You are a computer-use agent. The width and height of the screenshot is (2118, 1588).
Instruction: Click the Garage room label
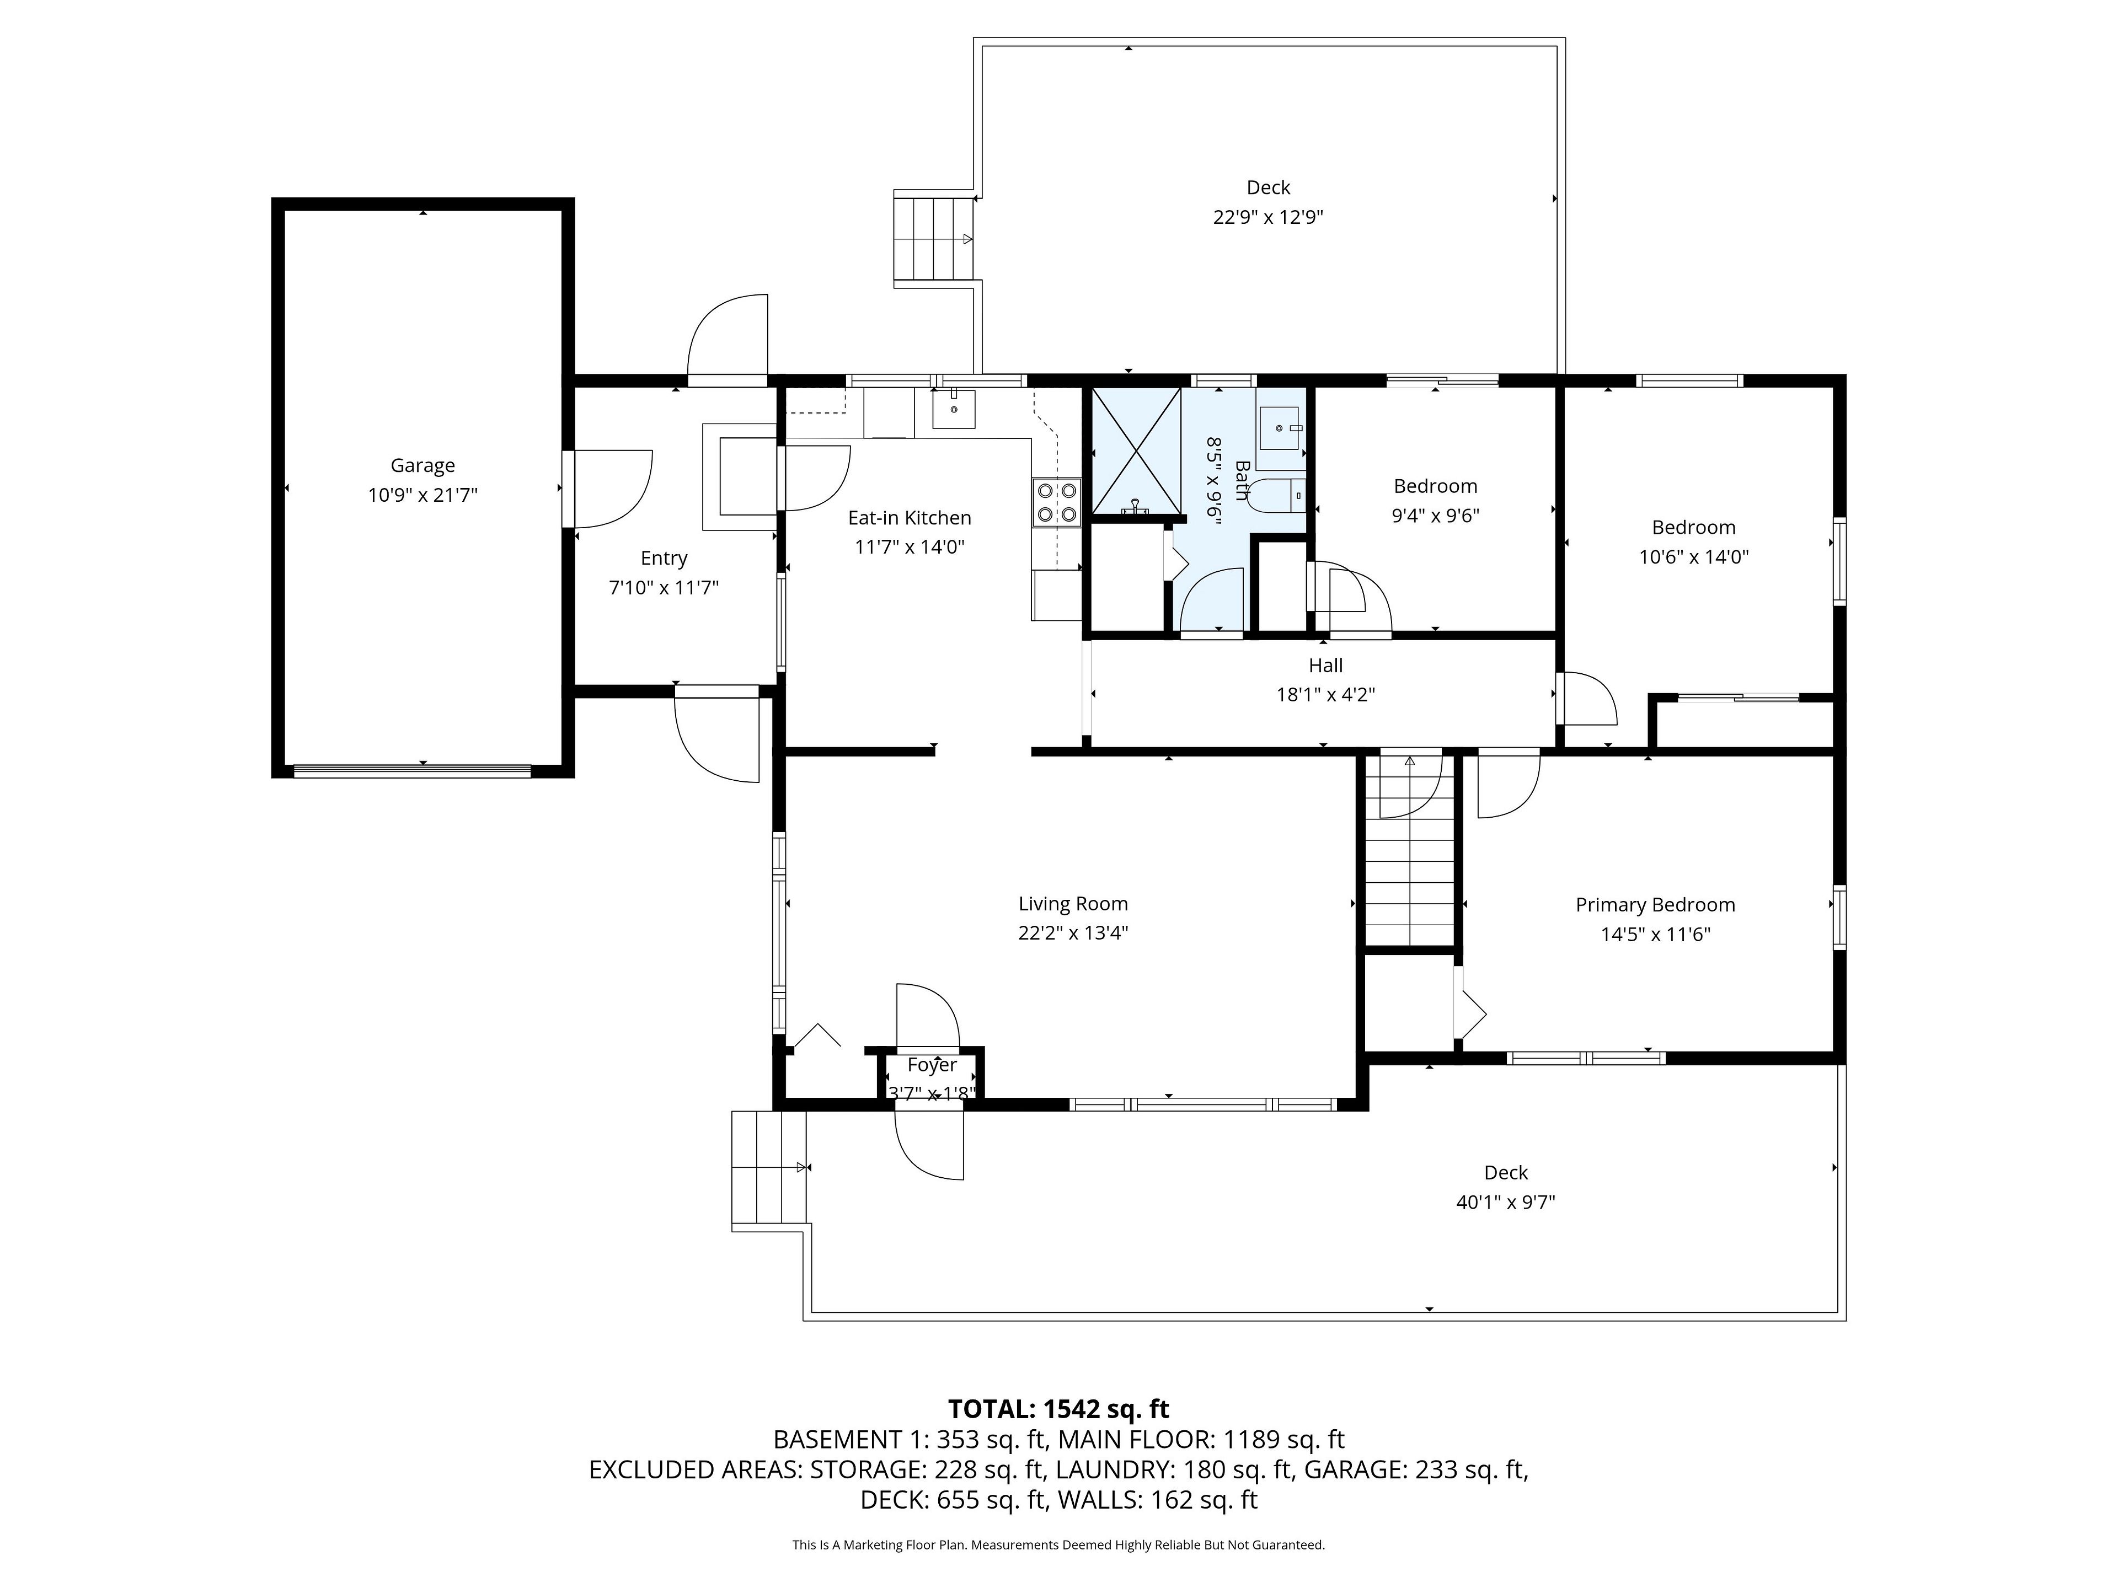422,466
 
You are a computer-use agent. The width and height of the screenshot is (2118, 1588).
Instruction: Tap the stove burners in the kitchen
1056,502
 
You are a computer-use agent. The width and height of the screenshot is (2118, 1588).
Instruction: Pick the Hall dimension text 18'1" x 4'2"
1325,695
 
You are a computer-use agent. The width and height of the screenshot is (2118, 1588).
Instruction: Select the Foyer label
932,1064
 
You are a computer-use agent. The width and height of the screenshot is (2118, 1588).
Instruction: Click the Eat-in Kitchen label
910,518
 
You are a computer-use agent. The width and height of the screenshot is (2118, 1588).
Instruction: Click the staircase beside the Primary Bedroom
1409,851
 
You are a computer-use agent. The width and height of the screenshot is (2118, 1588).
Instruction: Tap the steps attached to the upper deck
934,239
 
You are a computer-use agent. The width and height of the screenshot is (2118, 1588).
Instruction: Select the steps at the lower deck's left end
769,1169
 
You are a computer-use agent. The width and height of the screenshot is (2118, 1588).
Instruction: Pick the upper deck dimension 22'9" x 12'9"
1267,217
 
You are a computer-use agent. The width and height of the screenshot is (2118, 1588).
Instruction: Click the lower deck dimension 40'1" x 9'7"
1505,1202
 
